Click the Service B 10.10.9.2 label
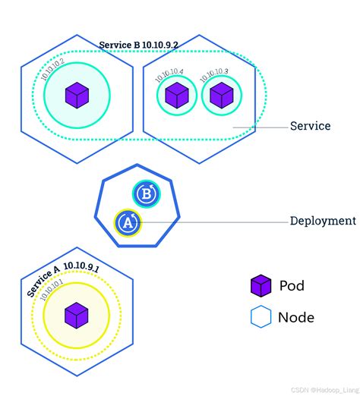click(138, 45)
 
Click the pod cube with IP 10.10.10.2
click(77, 95)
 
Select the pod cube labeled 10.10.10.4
click(176, 96)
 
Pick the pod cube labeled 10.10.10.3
click(221, 96)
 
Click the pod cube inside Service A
click(76, 314)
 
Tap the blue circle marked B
click(145, 194)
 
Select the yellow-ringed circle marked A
click(128, 222)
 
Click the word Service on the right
click(310, 126)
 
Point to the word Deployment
click(323, 222)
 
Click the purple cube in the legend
click(261, 286)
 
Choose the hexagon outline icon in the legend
click(261, 317)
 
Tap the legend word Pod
click(293, 286)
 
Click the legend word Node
click(296, 317)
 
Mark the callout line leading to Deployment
click(213, 222)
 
